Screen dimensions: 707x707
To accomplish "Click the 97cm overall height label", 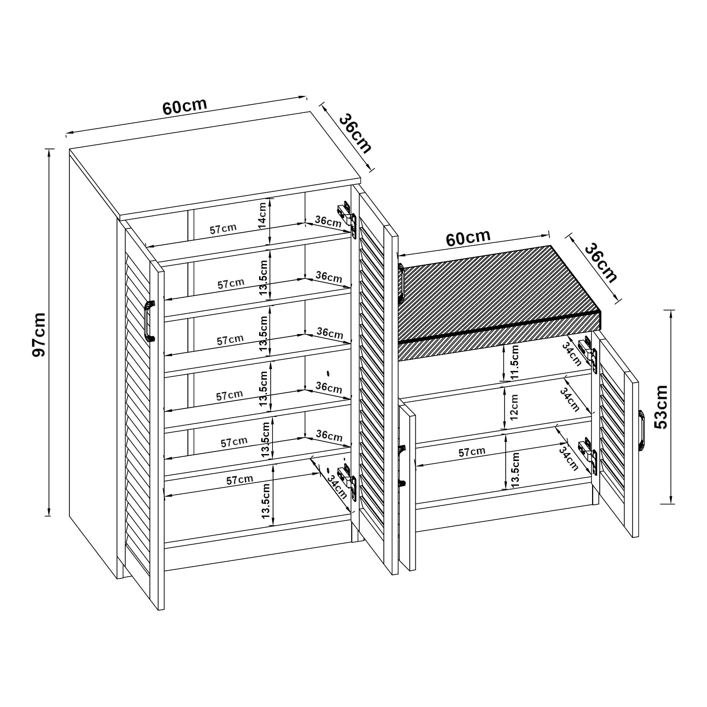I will pos(39,335).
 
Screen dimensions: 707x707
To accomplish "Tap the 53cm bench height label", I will pos(661,407).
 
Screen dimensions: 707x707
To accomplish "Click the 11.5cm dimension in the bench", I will pos(514,362).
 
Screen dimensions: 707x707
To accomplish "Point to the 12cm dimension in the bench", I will pos(514,407).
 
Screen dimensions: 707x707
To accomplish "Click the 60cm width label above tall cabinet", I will pos(185,106).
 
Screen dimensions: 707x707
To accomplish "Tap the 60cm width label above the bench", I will pos(468,238).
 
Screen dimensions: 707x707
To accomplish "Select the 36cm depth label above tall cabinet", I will pos(354,134).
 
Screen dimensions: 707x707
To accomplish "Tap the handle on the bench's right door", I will pos(642,430).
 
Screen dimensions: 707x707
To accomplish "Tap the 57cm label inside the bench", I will pos(472,452).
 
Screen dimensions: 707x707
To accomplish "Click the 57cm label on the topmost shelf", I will pos(223,229).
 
